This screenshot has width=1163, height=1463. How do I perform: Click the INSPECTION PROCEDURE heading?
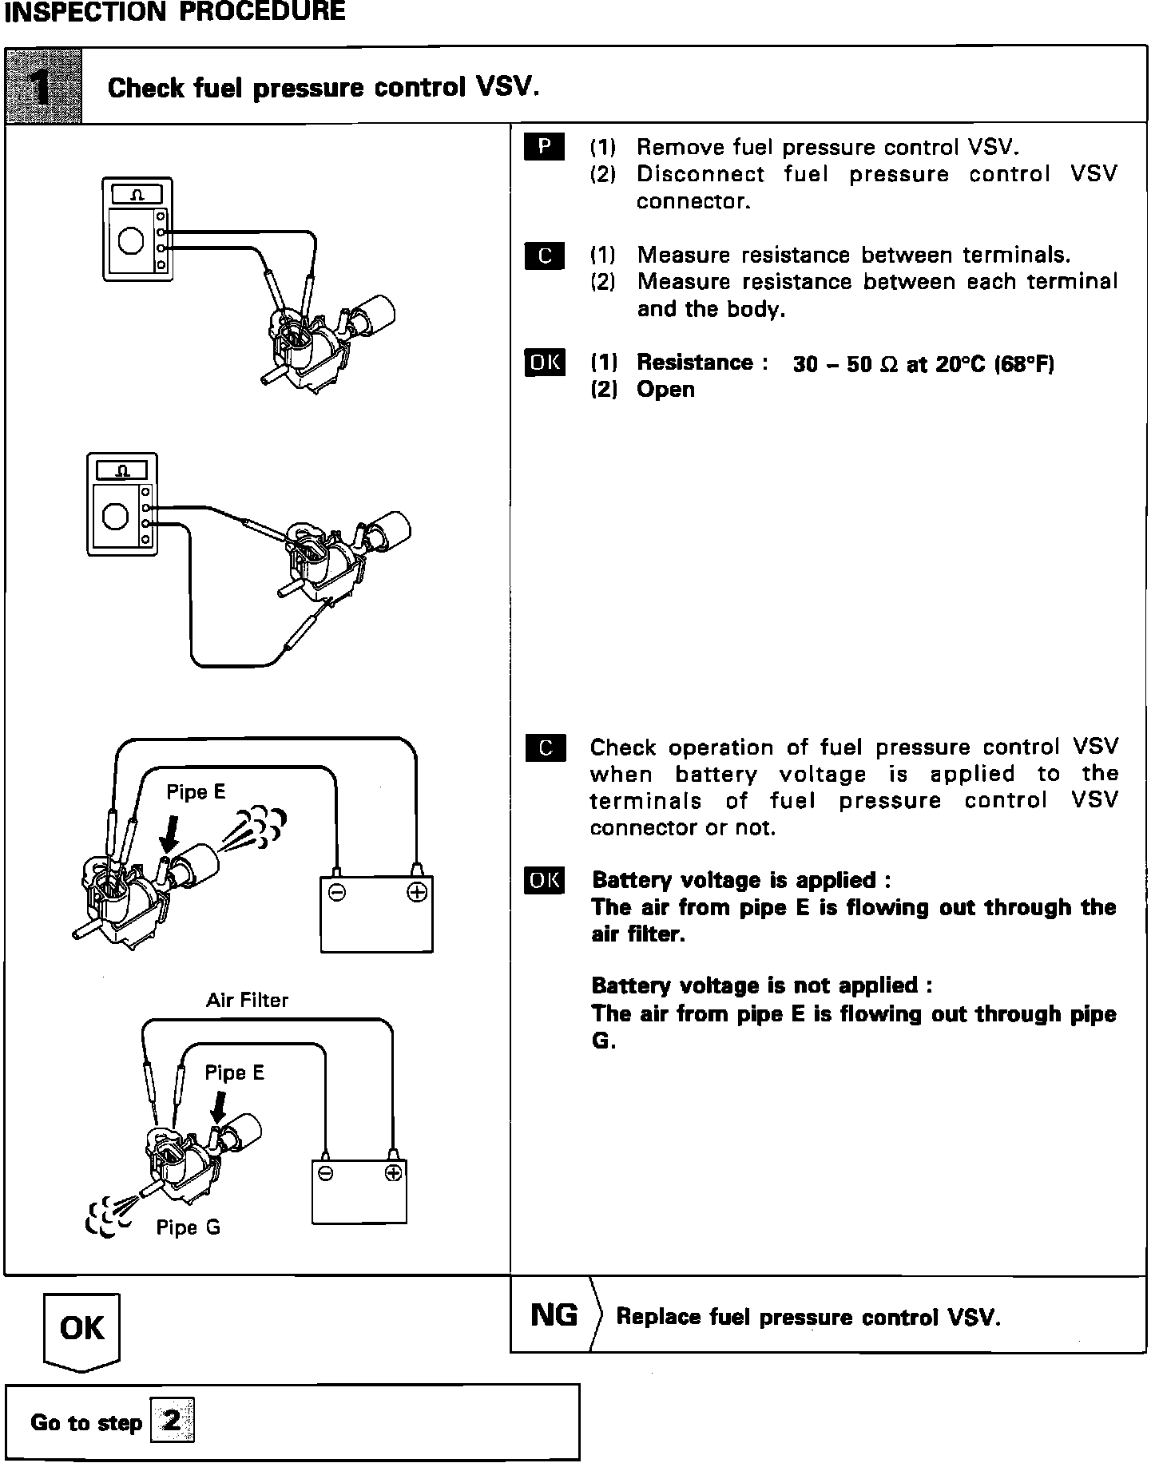(x=175, y=12)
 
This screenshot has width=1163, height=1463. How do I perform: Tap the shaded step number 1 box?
(x=43, y=86)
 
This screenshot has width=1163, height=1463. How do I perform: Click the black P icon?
(x=544, y=147)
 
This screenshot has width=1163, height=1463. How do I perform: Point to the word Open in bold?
(x=665, y=390)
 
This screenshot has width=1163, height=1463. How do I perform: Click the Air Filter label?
(x=247, y=1000)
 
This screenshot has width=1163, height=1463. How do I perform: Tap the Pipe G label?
(x=188, y=1227)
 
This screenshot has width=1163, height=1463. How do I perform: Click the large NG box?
(x=554, y=1314)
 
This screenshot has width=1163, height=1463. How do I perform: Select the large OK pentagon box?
(x=81, y=1330)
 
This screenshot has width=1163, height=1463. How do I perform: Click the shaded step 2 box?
(x=171, y=1421)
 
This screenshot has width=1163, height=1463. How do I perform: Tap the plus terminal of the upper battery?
(x=416, y=892)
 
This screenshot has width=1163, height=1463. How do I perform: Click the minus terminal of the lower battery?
(x=325, y=1173)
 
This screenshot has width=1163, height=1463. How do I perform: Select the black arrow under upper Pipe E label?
(x=169, y=836)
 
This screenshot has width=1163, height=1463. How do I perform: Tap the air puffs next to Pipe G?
(x=108, y=1219)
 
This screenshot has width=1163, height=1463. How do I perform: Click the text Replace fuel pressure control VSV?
(x=808, y=1317)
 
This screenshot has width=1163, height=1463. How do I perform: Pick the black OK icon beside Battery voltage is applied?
(x=545, y=880)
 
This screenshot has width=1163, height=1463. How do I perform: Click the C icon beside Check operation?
(x=546, y=747)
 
